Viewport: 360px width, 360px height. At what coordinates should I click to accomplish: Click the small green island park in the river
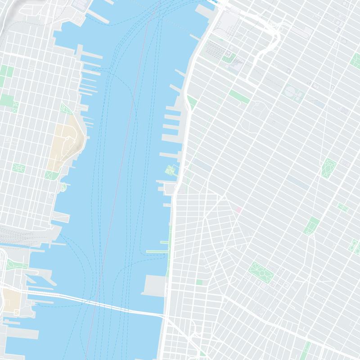pos(170,171)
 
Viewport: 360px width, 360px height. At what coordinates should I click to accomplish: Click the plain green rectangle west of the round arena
pos(238,96)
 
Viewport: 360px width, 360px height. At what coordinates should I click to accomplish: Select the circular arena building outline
pos(293,92)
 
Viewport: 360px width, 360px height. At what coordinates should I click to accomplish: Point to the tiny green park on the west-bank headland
pos(63,186)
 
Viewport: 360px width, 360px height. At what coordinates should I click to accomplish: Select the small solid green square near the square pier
pos(199,282)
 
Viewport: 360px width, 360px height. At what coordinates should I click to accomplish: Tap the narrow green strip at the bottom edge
pos(307,349)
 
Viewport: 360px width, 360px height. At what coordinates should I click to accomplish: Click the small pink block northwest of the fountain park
pos(238,210)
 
